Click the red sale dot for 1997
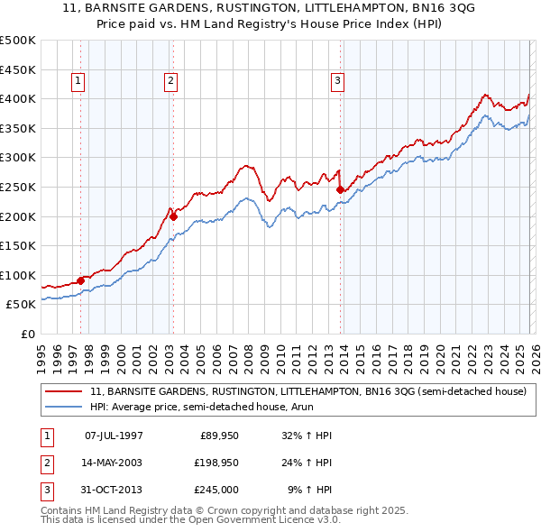coord(80,280)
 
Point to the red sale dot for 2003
coord(174,216)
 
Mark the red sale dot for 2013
coord(340,189)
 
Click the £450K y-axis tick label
coord(18,69)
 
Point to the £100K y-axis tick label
coord(18,275)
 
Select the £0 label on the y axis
coord(27,335)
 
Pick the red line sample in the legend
coord(64,392)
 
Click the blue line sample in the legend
coord(64,408)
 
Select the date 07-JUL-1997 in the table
coord(114,436)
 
